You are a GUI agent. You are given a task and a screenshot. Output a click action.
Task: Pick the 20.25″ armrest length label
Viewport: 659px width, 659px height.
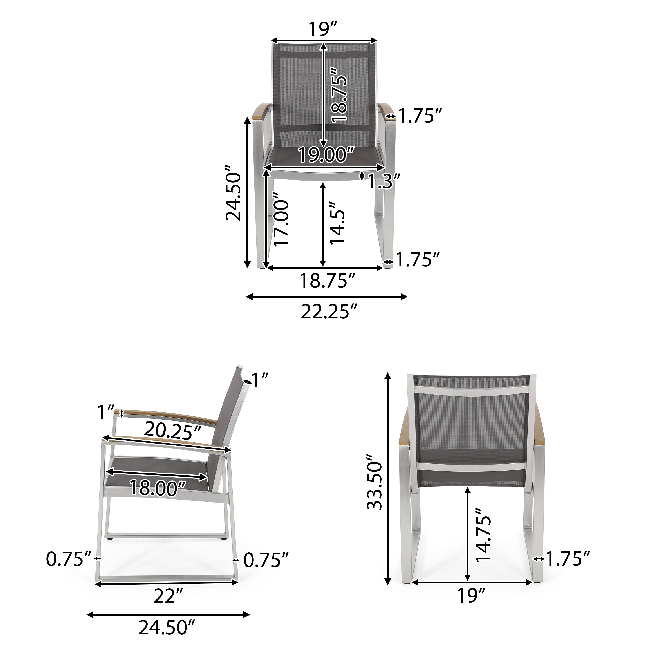coord(172,430)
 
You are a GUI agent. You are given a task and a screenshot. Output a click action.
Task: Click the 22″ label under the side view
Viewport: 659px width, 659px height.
coord(167,596)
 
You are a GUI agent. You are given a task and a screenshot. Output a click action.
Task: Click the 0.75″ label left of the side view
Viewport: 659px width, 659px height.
coord(69,559)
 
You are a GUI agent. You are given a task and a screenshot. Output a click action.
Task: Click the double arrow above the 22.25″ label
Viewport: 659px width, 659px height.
coord(327,297)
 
